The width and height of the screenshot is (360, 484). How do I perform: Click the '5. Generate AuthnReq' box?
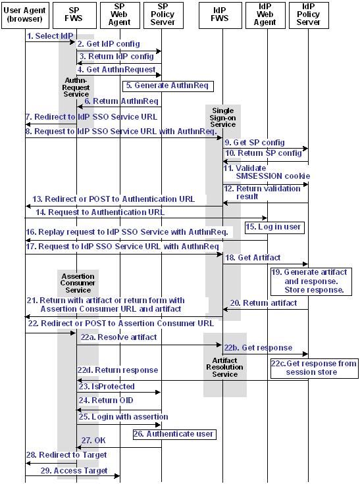168,85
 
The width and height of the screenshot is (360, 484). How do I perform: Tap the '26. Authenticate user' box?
174,434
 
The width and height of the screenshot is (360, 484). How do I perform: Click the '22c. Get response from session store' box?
314,368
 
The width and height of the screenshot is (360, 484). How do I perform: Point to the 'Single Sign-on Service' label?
222,117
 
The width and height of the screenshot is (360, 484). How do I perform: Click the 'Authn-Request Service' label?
76,87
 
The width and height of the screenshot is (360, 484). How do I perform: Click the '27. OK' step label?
94,439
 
